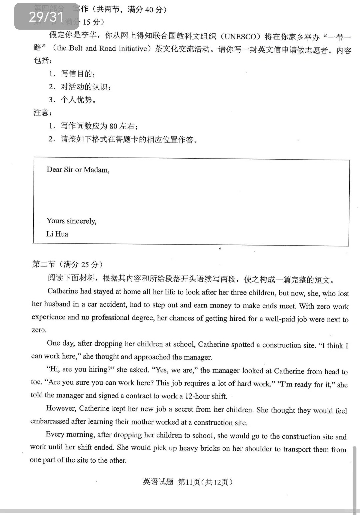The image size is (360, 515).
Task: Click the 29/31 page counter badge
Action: click(46, 16)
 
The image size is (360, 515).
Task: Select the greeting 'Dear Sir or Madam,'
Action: click(78, 170)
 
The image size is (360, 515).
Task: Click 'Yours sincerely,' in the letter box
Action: click(71, 221)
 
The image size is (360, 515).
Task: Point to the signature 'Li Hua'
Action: click(57, 234)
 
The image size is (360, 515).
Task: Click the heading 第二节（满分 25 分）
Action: click(67, 264)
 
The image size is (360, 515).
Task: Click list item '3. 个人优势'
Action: click(73, 100)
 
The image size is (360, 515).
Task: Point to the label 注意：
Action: click(43, 113)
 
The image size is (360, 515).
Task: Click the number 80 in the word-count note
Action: click(113, 126)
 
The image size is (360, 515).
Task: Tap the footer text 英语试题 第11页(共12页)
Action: click(187, 482)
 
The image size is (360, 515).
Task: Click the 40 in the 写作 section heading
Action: click(149, 10)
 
